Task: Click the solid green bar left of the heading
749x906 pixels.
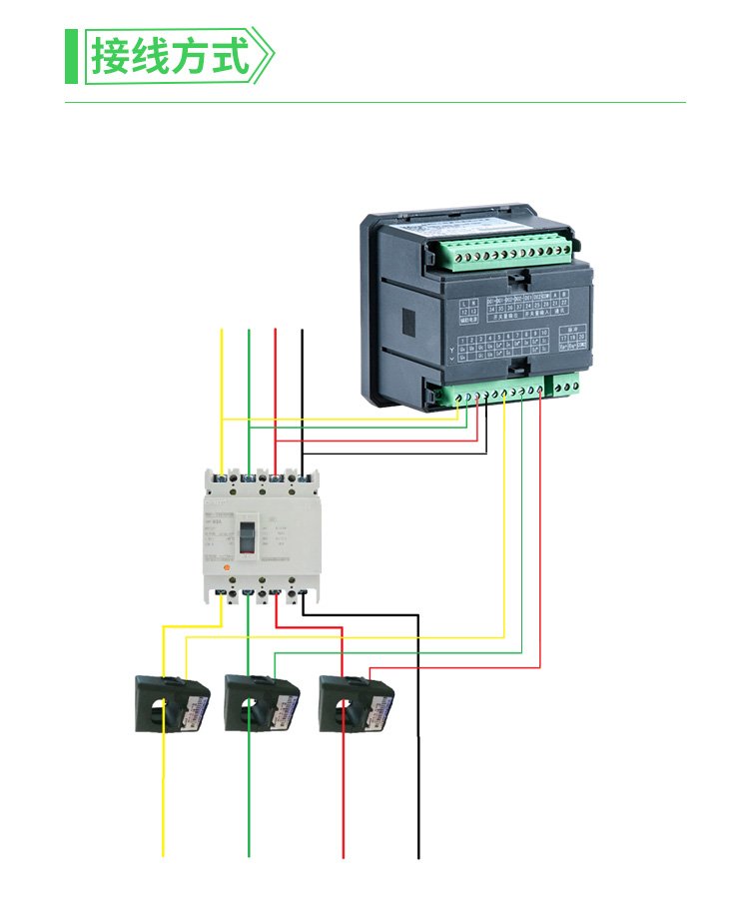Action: [71, 56]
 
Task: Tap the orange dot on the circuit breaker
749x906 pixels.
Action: [226, 567]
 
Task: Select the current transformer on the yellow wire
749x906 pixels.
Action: [173, 703]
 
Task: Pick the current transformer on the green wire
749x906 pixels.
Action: [262, 703]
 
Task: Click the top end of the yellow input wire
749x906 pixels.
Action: [222, 330]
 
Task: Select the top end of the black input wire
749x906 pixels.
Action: [302, 330]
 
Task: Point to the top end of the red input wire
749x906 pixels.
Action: [275, 330]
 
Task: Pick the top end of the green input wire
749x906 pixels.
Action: [248, 330]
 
